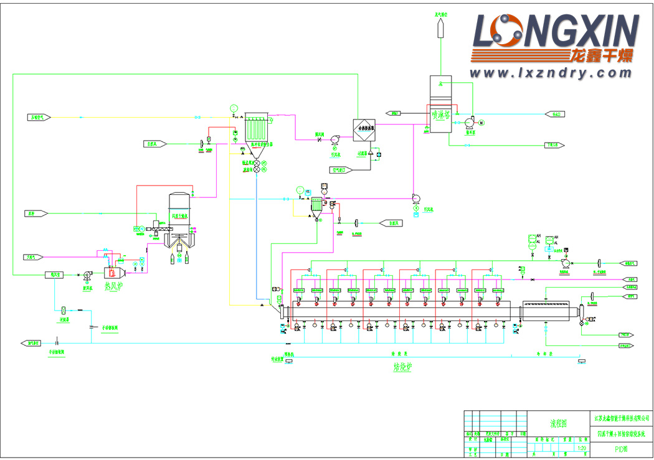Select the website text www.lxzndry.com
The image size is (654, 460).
pyautogui.click(x=551, y=73)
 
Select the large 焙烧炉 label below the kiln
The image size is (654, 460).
pyautogui.click(x=399, y=367)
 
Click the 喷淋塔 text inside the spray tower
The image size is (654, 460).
pyautogui.click(x=442, y=115)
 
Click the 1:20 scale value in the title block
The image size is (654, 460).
pyautogui.click(x=582, y=448)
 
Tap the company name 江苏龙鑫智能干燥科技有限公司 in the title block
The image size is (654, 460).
pyautogui.click(x=620, y=418)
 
